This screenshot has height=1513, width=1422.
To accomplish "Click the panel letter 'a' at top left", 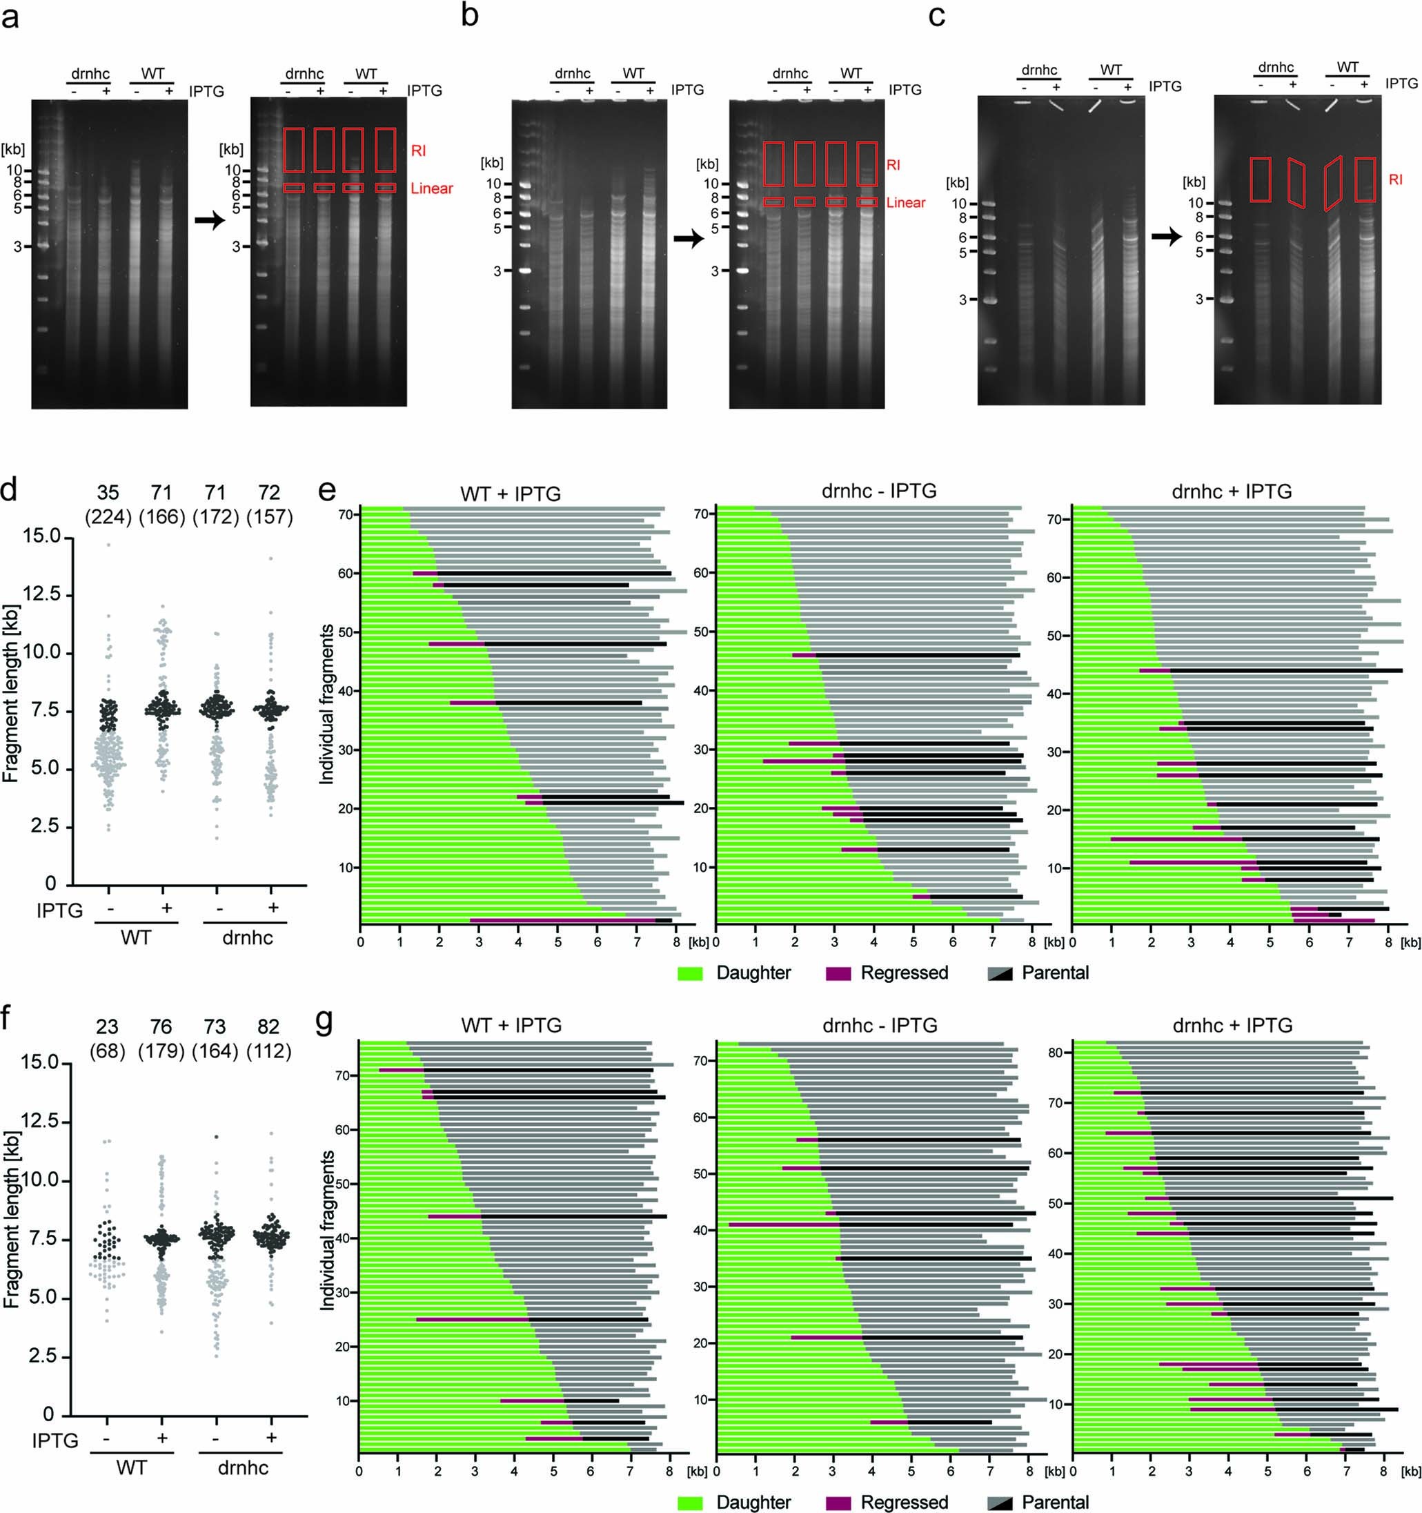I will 10,17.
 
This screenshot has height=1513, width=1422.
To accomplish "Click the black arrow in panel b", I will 689,239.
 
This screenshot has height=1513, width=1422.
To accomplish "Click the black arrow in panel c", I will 1166,237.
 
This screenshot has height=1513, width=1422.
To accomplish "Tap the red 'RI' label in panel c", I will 1395,179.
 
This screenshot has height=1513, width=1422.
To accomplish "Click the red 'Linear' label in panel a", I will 431,188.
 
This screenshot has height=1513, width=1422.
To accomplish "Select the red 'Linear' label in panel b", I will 905,202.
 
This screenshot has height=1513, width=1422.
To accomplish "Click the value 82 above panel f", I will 268,1026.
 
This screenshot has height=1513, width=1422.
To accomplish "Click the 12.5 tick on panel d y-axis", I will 41,594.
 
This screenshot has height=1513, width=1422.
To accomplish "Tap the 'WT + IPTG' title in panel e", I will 511,494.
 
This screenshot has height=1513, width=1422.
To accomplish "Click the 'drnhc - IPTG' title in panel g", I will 880,1025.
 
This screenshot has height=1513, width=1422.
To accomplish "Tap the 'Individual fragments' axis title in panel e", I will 326,704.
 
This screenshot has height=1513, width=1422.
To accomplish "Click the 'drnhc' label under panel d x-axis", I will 247,937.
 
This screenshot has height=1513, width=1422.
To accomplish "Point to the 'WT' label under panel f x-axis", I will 132,1467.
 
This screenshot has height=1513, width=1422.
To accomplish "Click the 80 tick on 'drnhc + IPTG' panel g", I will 1054,1053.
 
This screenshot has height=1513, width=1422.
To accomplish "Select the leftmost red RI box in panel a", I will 294,150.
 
